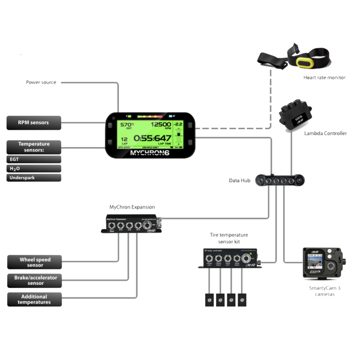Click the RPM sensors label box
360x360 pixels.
[x=34, y=122]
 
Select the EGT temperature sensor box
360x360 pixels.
[x=34, y=159]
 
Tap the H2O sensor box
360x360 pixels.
[x=34, y=168]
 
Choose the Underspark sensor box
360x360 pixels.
[x=34, y=177]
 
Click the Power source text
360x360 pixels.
[x=41, y=82]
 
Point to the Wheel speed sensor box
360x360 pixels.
[x=35, y=262]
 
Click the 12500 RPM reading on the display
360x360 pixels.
[x=160, y=124]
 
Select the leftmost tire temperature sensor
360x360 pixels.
[x=209, y=300]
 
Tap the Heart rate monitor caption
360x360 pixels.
[x=324, y=77]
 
